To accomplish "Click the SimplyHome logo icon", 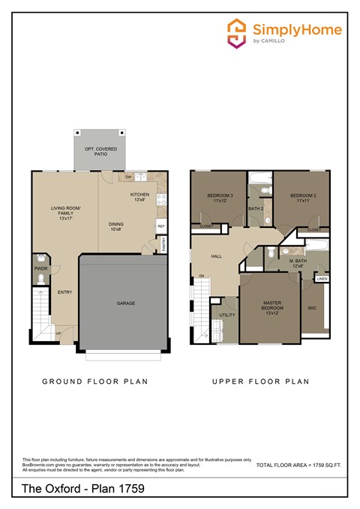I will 238,33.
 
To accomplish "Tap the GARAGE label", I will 125,304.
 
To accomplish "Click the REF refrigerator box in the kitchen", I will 160,225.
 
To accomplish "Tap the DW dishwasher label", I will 128,177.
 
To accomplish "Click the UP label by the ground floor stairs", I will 58,333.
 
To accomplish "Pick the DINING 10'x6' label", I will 116,226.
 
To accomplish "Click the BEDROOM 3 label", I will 220,198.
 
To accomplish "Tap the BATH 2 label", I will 255,208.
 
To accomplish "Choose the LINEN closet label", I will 322,279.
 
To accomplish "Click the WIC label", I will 312,307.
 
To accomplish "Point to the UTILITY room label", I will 227,315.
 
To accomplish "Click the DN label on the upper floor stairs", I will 201,277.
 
